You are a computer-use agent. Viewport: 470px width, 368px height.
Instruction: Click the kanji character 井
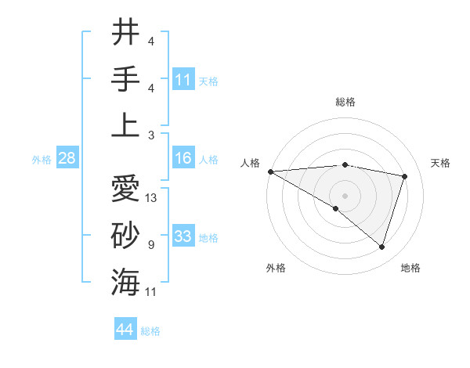[125, 33]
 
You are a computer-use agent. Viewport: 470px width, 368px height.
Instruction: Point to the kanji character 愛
[125, 190]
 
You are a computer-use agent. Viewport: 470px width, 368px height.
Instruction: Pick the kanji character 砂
[125, 236]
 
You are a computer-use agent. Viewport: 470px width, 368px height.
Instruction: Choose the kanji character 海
[125, 281]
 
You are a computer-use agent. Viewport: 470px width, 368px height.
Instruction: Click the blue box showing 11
[183, 79]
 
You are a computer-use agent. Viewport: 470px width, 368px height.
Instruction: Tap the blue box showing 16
[183, 159]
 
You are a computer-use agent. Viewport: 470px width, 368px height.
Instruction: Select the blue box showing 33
[183, 236]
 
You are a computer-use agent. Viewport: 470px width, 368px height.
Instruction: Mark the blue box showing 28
[67, 159]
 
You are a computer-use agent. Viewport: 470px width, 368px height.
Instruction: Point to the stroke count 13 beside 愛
[152, 198]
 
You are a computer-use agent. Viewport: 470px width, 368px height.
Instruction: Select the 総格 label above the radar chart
[345, 102]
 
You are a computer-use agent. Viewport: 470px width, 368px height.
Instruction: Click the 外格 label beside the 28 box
[42, 160]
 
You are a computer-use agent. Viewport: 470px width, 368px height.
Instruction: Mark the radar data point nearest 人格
[270, 171]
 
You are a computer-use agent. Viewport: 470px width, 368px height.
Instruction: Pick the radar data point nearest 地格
[381, 247]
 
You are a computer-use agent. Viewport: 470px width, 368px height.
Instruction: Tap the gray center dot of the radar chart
[345, 194]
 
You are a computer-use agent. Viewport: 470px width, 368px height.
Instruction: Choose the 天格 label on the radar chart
[441, 163]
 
